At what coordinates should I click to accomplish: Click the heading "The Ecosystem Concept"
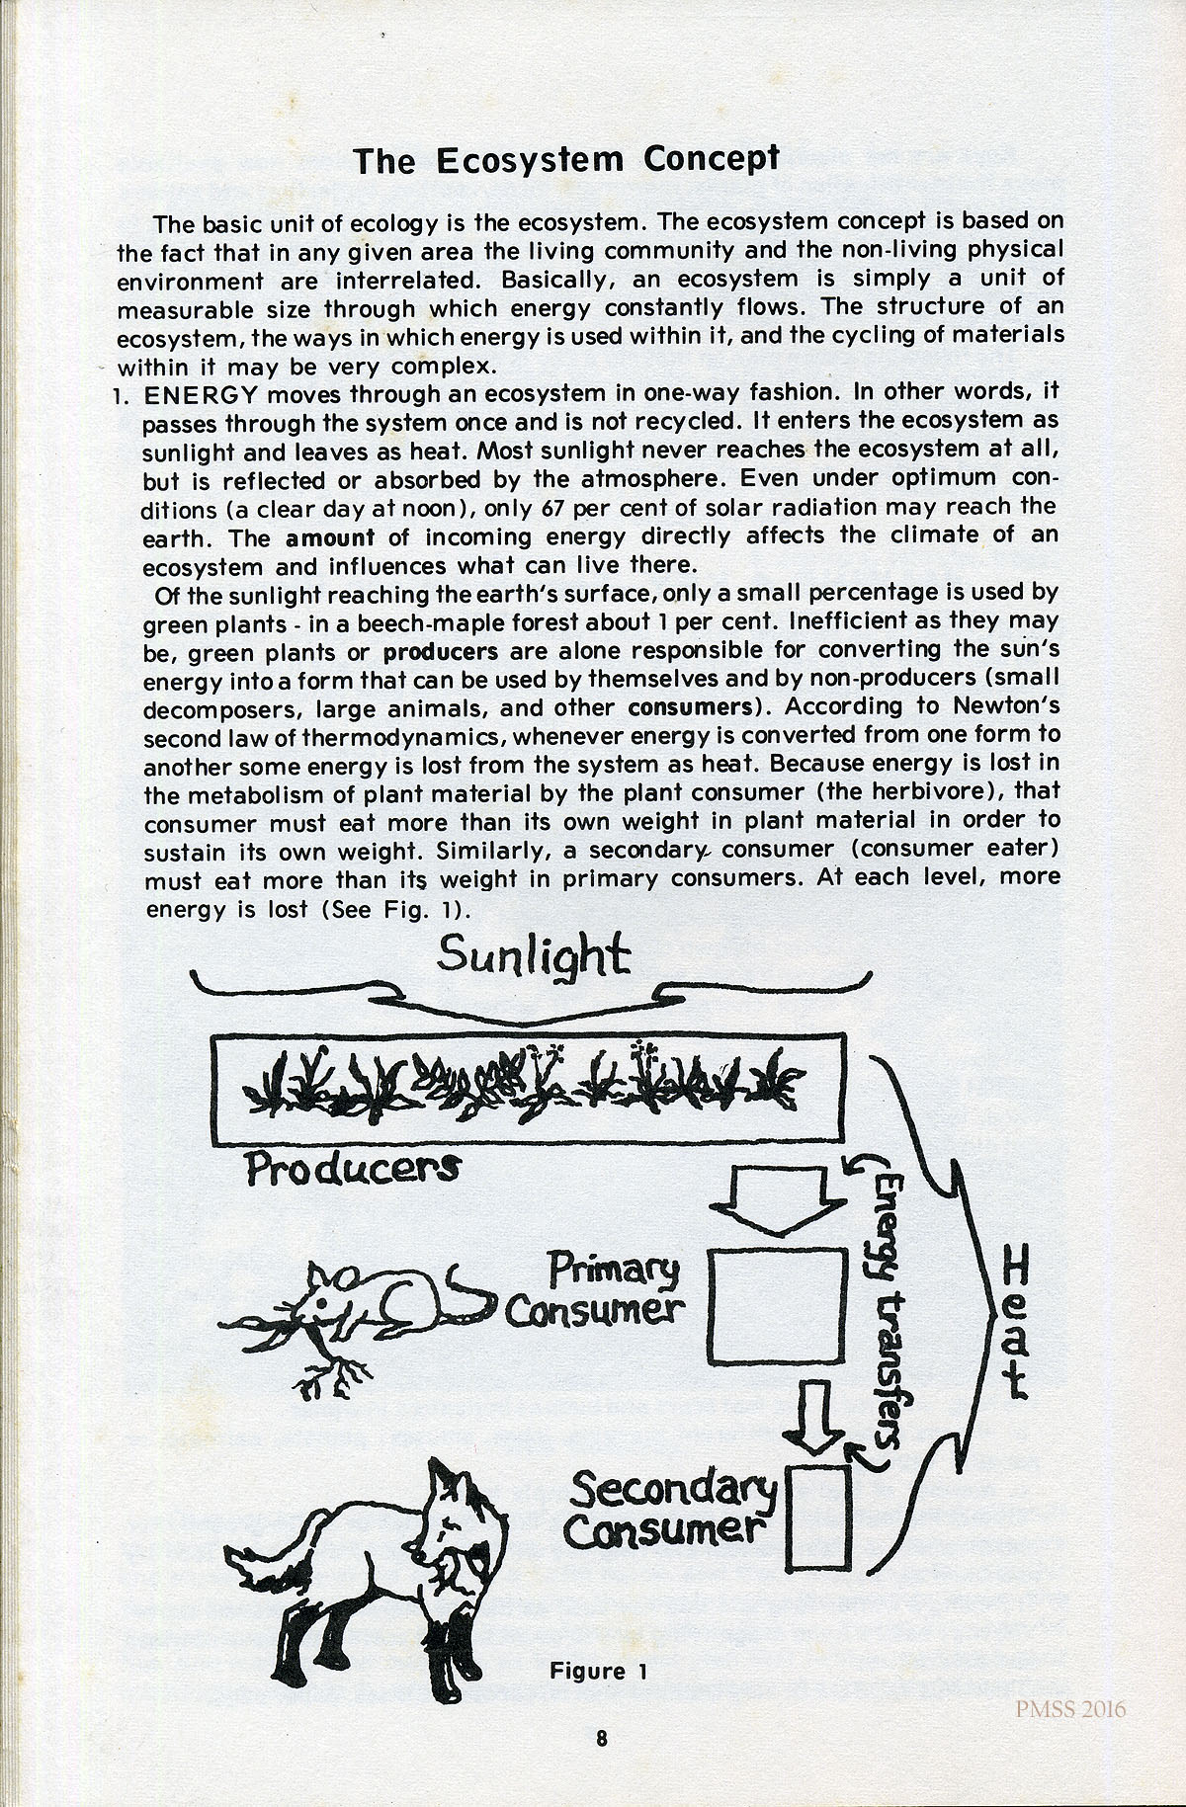tap(566, 159)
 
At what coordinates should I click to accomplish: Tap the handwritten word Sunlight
tap(533, 955)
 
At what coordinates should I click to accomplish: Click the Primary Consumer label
tap(596, 1290)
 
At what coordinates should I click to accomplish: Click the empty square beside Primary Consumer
tap(778, 1305)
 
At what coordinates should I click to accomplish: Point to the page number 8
tap(601, 1739)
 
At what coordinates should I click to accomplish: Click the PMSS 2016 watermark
tap(1072, 1709)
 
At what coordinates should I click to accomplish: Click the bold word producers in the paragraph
tap(441, 651)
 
